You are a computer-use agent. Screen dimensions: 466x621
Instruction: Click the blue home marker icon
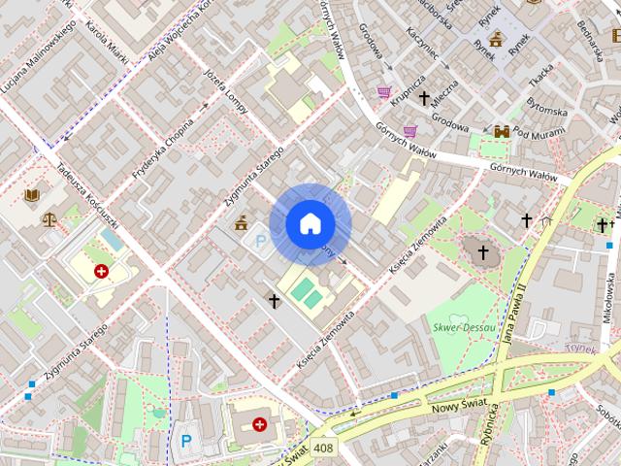[310, 224]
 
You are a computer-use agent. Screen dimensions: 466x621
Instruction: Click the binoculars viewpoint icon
[502, 132]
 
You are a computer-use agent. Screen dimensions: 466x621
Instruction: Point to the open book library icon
[32, 195]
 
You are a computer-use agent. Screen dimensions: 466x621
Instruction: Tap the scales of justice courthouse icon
[49, 217]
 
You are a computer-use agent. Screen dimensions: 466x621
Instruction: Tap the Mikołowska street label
[609, 297]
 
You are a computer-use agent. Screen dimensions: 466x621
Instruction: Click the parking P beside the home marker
[259, 238]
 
